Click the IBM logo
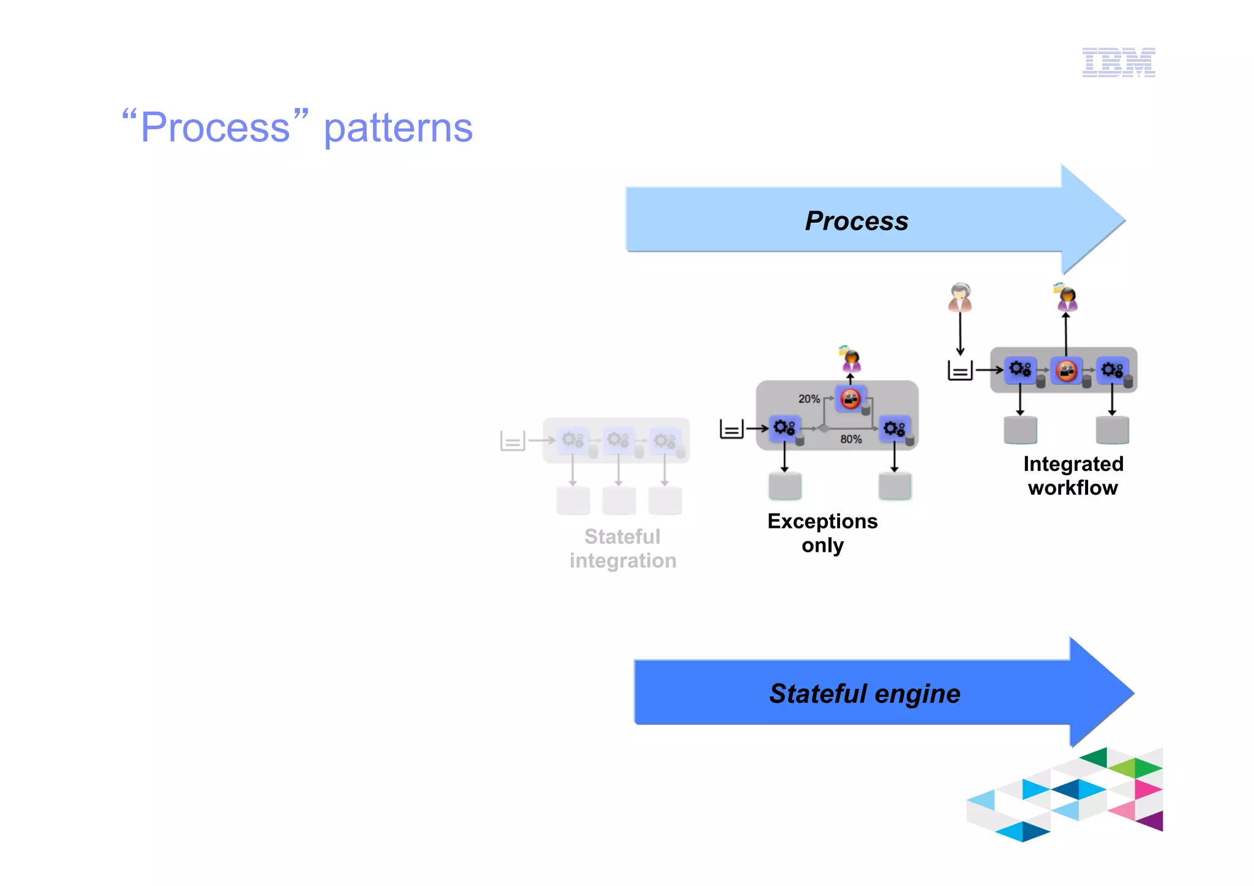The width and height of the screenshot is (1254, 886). point(1118,62)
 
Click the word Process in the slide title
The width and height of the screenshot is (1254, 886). point(215,128)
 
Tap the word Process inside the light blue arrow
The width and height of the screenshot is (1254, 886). point(856,221)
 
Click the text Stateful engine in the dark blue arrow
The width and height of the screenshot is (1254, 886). point(864,694)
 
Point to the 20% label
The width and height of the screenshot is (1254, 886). point(808,399)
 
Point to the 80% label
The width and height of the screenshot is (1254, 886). point(850,439)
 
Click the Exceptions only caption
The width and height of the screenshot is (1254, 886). point(822,533)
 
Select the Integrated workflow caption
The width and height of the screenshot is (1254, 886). point(1073,476)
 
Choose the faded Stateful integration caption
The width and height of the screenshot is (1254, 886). point(623,549)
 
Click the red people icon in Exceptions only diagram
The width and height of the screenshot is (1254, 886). point(850,399)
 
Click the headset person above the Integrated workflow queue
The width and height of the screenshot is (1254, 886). point(959,298)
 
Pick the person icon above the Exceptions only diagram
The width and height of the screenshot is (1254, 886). point(850,359)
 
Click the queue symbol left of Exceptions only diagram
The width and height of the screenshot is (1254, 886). point(732,429)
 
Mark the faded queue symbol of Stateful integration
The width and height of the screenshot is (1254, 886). point(512,440)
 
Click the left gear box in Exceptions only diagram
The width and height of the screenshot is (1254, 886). point(784,427)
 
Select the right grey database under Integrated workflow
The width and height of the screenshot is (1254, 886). point(1112,430)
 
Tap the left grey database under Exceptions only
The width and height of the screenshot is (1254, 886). point(784,486)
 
